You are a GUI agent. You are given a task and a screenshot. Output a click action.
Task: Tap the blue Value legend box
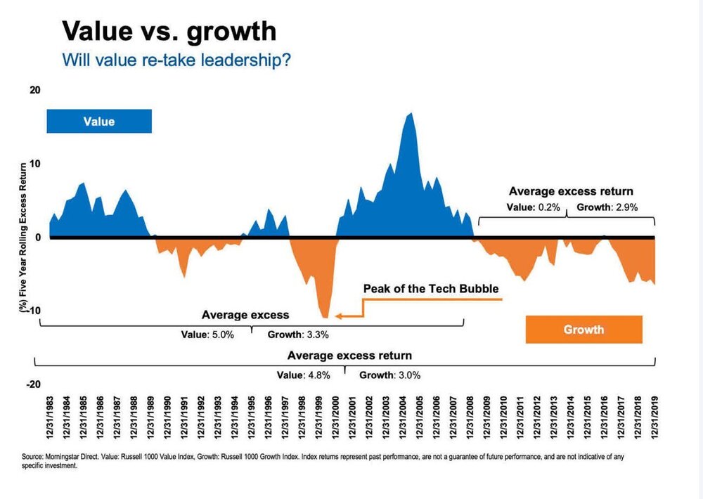pyautogui.click(x=98, y=122)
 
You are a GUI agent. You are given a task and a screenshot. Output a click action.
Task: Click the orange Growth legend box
pyautogui.click(x=583, y=329)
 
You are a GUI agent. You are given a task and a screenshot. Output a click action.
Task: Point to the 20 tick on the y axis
pyautogui.click(x=35, y=90)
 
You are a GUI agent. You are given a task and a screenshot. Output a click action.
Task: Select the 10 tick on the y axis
pyautogui.click(x=35, y=164)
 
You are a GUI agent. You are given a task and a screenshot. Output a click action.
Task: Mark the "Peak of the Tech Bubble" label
pyautogui.click(x=430, y=289)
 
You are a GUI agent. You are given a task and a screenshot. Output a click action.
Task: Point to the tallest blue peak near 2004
pyautogui.click(x=410, y=113)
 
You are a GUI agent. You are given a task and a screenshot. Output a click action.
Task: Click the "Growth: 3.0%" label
pyautogui.click(x=390, y=375)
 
